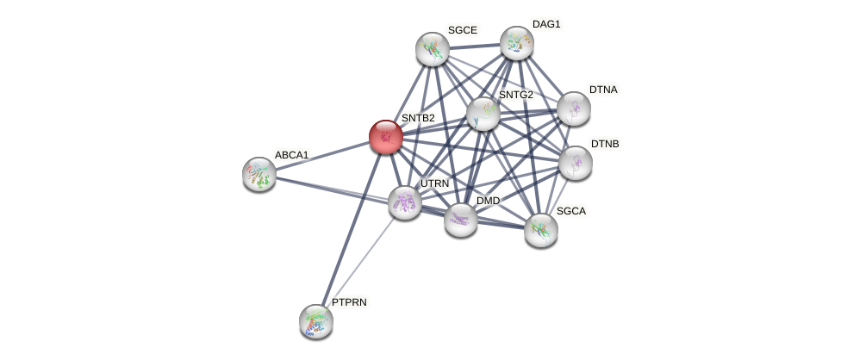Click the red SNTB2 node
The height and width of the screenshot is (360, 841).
point(385,136)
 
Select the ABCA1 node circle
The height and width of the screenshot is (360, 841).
point(259,173)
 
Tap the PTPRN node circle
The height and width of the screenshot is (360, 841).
point(316,320)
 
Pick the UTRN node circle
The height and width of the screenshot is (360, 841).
point(404,202)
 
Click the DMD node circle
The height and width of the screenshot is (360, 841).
point(461,220)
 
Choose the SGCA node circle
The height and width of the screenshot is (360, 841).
point(541,229)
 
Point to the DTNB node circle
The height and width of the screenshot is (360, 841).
point(575,162)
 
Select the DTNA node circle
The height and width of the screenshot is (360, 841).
point(574,109)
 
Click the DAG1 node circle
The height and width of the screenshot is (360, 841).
point(517,43)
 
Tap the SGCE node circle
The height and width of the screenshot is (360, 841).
point(433,49)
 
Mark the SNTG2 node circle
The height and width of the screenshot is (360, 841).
point(483,113)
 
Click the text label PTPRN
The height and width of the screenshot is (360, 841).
point(349,302)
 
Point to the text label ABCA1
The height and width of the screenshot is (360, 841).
point(291,155)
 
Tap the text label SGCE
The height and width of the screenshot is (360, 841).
point(462,30)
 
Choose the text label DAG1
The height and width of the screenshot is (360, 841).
point(546,24)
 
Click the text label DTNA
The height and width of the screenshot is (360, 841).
point(603,90)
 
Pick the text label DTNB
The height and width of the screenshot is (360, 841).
point(605,144)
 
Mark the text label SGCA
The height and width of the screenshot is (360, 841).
point(571,211)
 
